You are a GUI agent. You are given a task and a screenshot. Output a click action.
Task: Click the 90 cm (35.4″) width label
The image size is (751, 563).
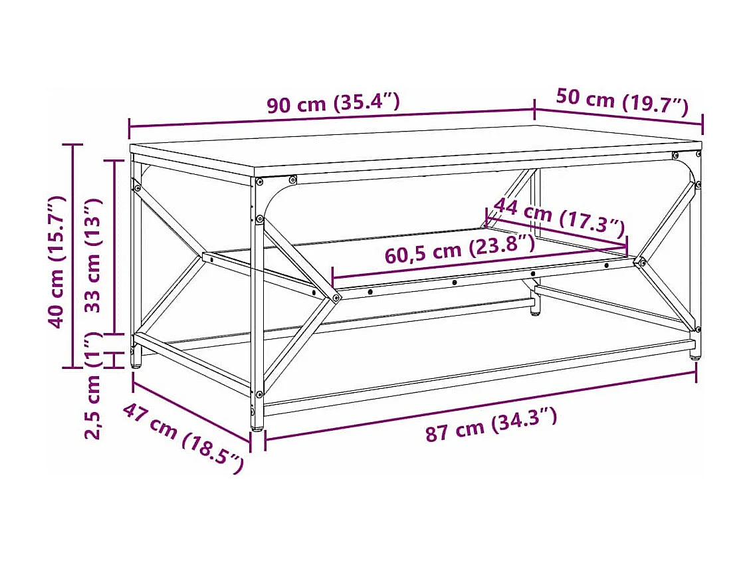coord(333,103)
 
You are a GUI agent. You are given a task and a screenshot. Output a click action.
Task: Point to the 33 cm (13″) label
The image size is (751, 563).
coord(94,255)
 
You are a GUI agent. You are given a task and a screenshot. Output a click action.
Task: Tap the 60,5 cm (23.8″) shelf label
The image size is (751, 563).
coord(459,249)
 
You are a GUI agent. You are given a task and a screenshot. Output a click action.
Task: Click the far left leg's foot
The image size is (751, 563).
coord(136,362)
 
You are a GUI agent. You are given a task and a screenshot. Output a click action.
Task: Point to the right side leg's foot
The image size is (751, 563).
coord(695,355)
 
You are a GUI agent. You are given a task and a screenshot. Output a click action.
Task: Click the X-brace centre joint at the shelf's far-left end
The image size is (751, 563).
coord(205,255)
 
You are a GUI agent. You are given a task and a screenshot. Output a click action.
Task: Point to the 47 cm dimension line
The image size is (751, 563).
coord(191,407)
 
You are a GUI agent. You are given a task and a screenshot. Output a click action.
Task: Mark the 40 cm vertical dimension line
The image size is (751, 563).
coord(73,256)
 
